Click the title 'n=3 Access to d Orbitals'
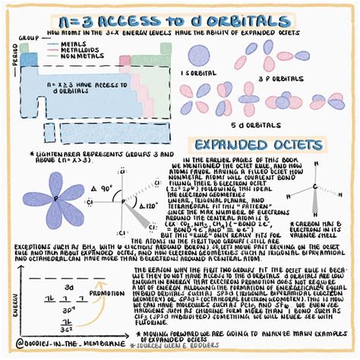coord(180,21)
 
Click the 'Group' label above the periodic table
coord(28,36)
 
